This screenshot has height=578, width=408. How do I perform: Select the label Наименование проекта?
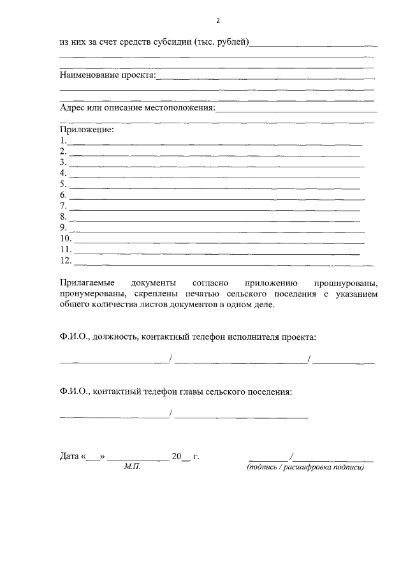[x=108, y=75]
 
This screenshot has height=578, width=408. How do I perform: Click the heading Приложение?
[x=86, y=130]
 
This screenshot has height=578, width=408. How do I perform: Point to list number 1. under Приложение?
[x=63, y=141]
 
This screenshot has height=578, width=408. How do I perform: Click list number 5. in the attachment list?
[x=63, y=184]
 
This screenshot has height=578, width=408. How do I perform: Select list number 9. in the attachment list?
[x=63, y=227]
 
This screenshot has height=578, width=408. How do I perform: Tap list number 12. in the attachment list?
[x=65, y=260]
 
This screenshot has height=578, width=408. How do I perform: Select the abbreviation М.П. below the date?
[x=132, y=468]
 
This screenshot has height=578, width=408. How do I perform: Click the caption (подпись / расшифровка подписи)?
[x=305, y=468]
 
